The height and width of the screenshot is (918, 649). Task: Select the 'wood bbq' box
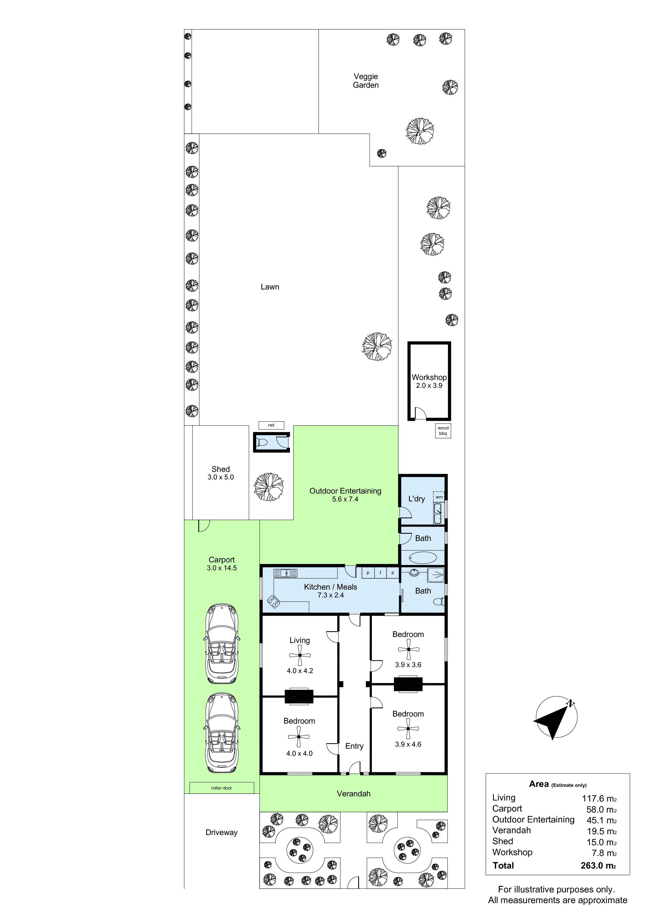[x=443, y=431]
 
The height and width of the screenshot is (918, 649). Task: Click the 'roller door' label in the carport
[x=222, y=788]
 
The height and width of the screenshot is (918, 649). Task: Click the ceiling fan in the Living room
[x=299, y=655]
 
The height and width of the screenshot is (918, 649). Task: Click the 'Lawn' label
[x=270, y=287]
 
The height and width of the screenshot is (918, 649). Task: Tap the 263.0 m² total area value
[x=598, y=866]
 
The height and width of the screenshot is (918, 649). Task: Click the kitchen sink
[x=286, y=573]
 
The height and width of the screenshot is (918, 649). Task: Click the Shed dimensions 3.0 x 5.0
[x=221, y=477]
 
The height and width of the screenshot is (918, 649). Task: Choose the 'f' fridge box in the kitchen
[x=380, y=573]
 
